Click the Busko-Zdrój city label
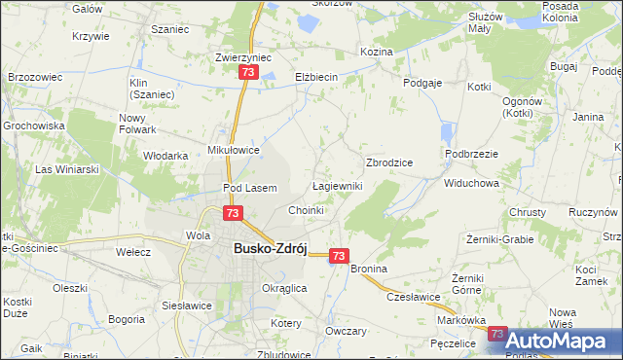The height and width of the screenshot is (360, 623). pyautogui.click(x=271, y=248)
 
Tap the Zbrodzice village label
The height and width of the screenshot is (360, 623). pyautogui.click(x=389, y=162)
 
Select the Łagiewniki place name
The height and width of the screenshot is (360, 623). pyautogui.click(x=338, y=186)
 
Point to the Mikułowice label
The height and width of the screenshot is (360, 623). pyautogui.click(x=234, y=151)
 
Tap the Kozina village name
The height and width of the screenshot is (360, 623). pyautogui.click(x=376, y=52)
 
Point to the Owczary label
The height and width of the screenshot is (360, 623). pyautogui.click(x=347, y=331)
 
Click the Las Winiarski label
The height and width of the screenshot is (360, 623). pyautogui.click(x=68, y=169)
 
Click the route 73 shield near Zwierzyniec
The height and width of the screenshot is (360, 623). pyautogui.click(x=249, y=73)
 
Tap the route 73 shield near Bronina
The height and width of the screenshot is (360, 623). pyautogui.click(x=338, y=256)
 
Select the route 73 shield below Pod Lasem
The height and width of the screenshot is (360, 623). pyautogui.click(x=232, y=213)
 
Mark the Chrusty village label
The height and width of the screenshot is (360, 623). pyautogui.click(x=527, y=212)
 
